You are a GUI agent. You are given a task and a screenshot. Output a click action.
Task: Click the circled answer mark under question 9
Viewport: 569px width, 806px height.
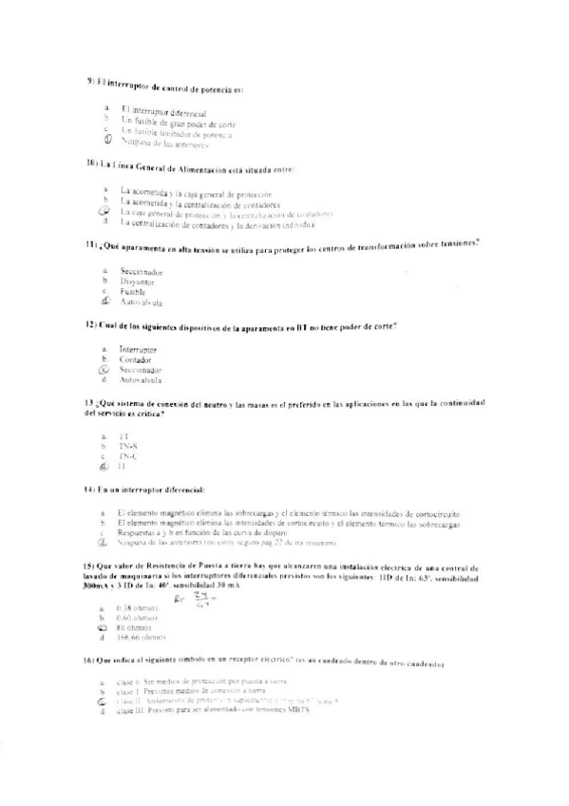click(x=108, y=141)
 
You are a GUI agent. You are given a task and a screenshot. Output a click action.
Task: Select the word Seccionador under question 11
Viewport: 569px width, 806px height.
click(x=142, y=271)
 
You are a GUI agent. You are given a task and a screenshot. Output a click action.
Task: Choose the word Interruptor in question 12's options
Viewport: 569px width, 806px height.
click(x=139, y=350)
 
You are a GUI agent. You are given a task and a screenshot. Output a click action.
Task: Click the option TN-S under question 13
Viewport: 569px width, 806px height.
click(x=127, y=446)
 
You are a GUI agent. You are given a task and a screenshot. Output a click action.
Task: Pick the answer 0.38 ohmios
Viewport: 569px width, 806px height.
click(x=137, y=608)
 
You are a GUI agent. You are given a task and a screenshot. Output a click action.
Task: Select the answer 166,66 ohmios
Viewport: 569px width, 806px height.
click(x=140, y=639)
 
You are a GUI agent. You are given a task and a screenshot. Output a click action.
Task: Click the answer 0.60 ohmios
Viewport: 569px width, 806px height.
click(x=137, y=618)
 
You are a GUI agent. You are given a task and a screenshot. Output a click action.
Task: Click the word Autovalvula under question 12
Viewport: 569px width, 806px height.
click(x=140, y=380)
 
